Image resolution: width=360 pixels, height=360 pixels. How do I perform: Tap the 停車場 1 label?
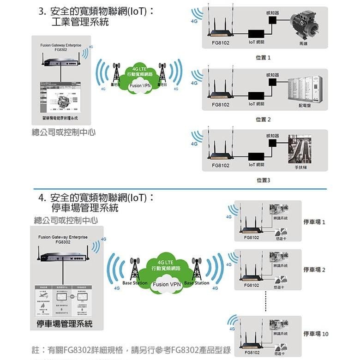[314, 222]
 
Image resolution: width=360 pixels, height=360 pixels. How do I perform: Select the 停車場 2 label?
[314, 269]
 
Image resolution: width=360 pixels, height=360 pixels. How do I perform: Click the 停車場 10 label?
[316, 333]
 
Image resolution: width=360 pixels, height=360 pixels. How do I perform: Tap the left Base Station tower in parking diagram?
[135, 268]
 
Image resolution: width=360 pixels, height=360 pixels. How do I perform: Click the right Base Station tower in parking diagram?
[197, 268]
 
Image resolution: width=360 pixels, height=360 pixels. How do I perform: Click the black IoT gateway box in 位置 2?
[256, 95]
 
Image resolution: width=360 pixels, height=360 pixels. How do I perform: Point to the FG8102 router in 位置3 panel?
[220, 153]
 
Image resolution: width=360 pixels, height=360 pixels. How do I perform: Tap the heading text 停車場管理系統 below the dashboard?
[65, 324]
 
